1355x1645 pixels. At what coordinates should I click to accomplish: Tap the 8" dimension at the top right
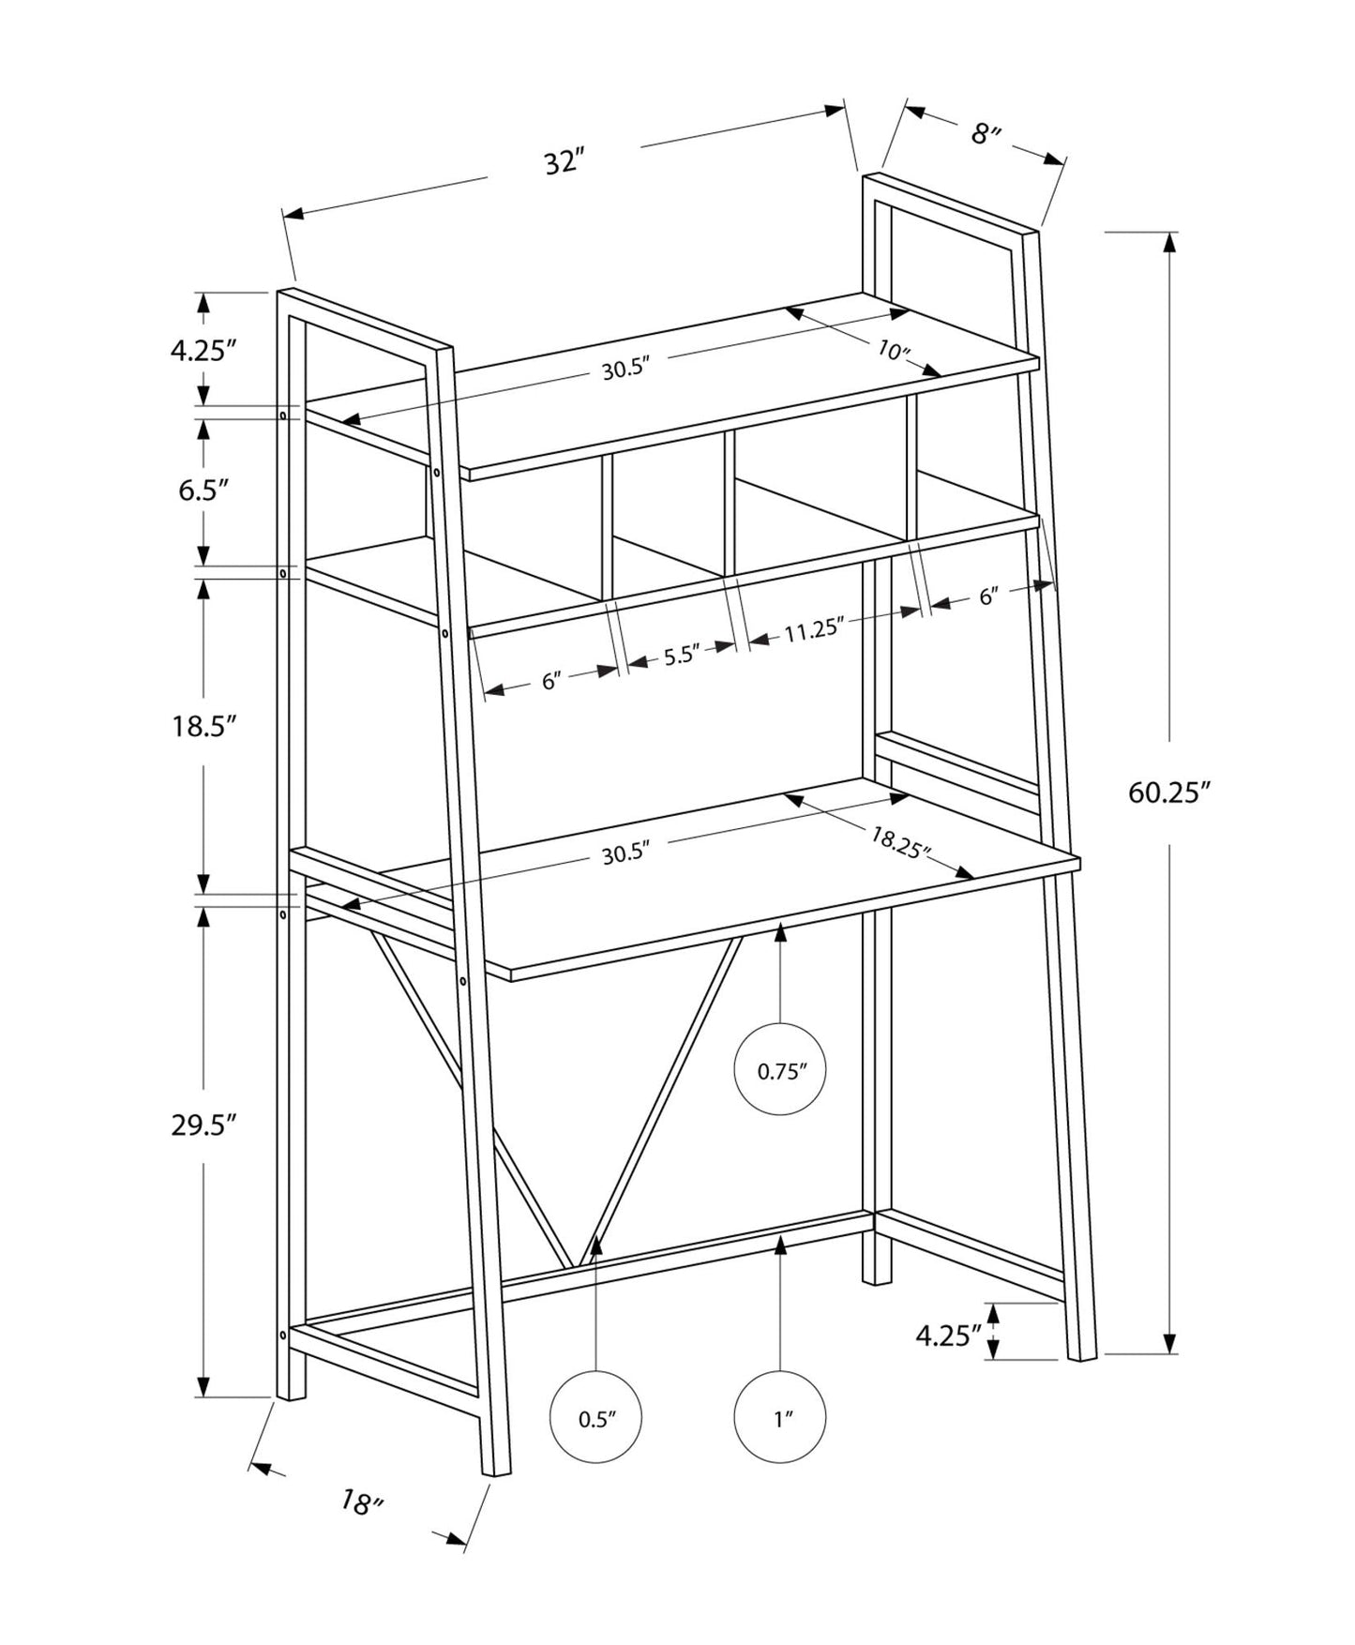[984, 134]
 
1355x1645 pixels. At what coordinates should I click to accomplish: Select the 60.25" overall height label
[1164, 793]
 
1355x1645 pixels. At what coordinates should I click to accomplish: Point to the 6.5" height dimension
[203, 490]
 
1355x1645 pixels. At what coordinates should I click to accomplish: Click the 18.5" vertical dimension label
[202, 726]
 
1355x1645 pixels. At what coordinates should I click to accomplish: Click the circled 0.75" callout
[781, 1071]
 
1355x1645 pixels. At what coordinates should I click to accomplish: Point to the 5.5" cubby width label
[682, 656]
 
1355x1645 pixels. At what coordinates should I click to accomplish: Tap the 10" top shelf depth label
[894, 352]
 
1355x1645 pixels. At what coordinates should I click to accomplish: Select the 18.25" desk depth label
[899, 843]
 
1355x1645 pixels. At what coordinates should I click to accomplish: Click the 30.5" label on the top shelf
[625, 370]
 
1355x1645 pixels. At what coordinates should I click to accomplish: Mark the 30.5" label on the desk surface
[625, 853]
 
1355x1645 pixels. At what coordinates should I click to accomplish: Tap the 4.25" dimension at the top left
[202, 351]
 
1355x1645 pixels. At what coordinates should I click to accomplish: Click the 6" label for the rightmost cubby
[987, 596]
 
